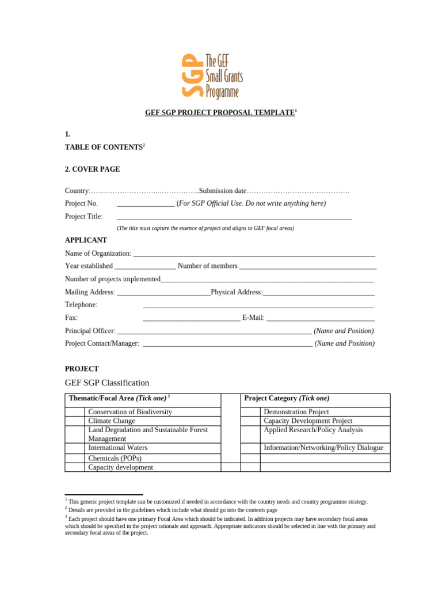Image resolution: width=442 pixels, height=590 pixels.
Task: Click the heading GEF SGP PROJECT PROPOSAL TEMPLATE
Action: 219,112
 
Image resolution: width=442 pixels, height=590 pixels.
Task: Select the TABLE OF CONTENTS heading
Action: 104,147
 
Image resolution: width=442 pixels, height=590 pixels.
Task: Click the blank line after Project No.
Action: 146,203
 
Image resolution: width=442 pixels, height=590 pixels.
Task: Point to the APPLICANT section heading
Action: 86,240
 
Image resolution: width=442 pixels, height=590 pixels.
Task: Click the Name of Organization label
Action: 98,254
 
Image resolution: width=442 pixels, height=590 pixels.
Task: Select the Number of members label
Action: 207,266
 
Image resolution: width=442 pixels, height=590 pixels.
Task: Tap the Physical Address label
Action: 237,292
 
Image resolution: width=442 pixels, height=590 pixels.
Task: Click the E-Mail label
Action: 253,317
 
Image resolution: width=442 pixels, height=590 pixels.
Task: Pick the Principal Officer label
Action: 90,331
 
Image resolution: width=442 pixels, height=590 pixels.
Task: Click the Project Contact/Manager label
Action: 102,343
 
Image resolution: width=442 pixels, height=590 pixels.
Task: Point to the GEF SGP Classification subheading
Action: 107,383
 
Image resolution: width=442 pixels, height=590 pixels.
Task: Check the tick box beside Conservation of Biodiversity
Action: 75,412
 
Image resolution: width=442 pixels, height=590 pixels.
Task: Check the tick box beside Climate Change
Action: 75,421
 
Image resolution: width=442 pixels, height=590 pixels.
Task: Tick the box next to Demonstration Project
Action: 250,412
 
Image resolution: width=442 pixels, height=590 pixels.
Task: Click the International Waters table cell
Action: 117,448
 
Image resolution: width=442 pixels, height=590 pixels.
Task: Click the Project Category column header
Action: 287,399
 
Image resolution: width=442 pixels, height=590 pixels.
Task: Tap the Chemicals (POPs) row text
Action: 115,458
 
